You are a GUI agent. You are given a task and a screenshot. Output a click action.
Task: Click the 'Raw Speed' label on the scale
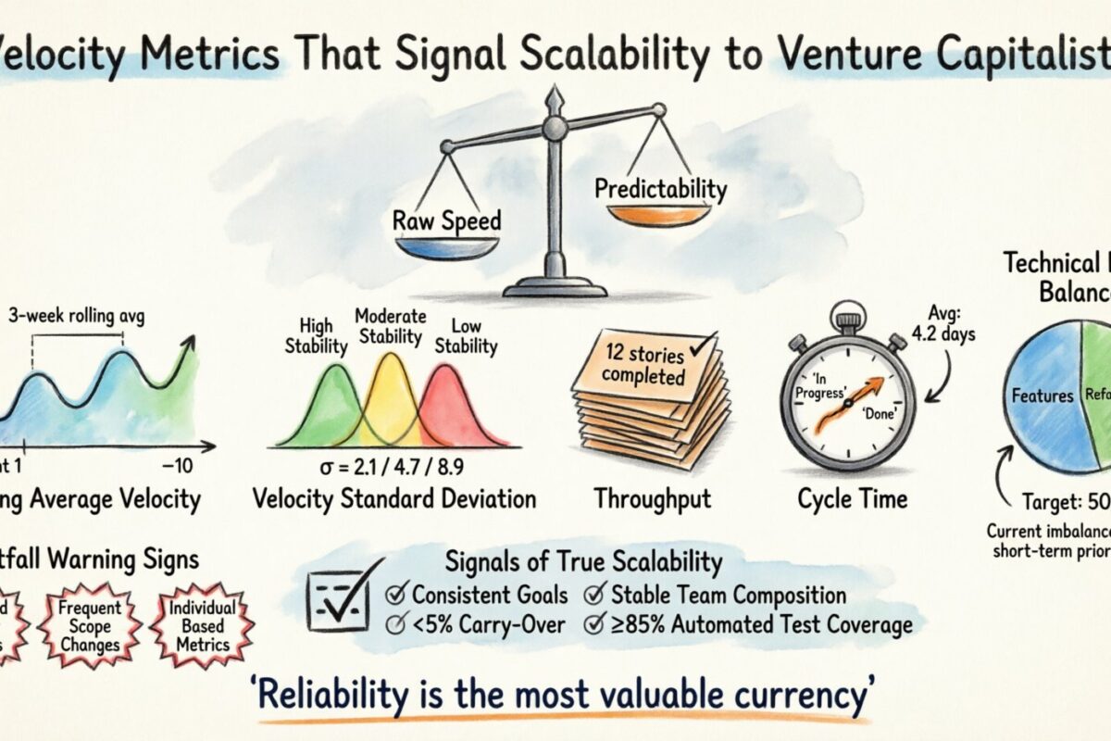coord(433,220)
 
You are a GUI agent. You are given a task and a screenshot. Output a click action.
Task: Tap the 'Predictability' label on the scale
coord(660,189)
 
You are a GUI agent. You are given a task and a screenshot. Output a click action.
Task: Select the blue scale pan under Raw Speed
coord(433,247)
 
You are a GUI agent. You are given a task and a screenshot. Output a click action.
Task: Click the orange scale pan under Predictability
coord(659,216)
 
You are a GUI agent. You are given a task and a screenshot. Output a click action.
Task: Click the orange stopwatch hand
coord(844,404)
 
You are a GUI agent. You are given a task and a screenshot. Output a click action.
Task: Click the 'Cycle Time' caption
coord(852,499)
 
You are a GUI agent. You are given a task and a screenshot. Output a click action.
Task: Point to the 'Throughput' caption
coord(652,499)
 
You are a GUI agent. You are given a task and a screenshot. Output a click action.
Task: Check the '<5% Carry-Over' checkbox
coord(399,624)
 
